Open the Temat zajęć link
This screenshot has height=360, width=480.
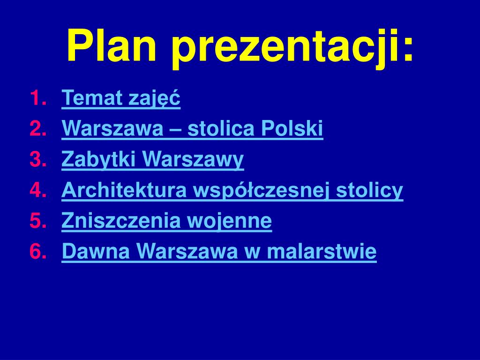pyautogui.click(x=121, y=98)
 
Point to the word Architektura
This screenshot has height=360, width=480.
pyautogui.click(x=125, y=190)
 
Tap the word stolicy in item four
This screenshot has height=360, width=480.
pyautogui.click(x=370, y=190)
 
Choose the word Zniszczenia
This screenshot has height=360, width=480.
pyautogui.click(x=122, y=221)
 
